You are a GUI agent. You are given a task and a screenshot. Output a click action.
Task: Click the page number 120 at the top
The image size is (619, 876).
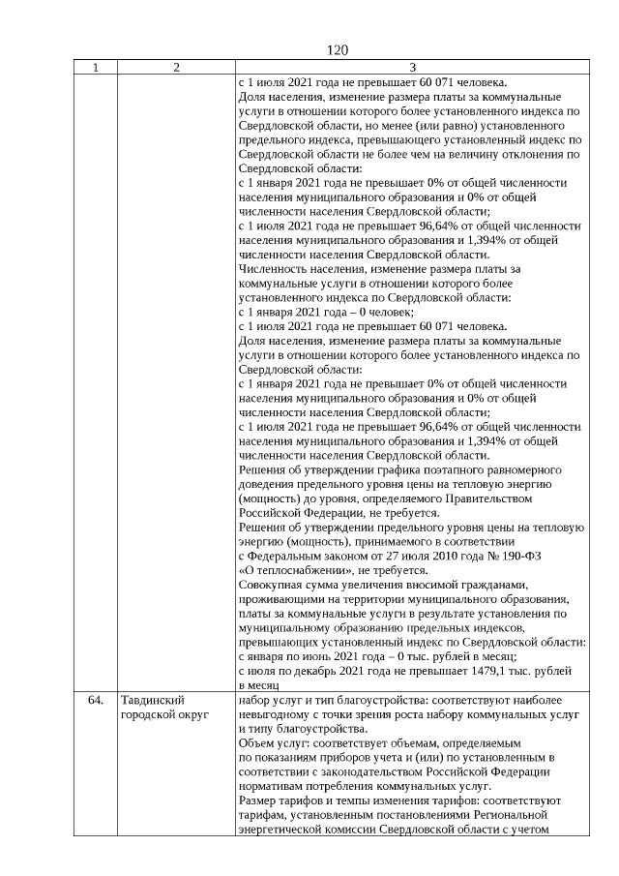click(337, 49)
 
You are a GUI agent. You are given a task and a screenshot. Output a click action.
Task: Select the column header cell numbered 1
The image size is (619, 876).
click(95, 68)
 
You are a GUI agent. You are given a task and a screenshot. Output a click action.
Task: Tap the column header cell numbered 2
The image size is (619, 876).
click(175, 68)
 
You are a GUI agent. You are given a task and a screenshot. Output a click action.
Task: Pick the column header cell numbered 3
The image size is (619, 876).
click(411, 68)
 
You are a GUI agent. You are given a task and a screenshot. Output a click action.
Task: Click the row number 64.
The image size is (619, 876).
click(95, 700)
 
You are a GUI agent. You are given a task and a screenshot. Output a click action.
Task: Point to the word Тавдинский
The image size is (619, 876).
click(153, 700)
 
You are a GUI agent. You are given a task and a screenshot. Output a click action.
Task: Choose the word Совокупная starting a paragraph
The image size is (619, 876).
click(272, 585)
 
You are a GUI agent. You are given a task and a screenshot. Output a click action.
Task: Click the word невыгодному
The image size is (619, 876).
click(276, 714)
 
